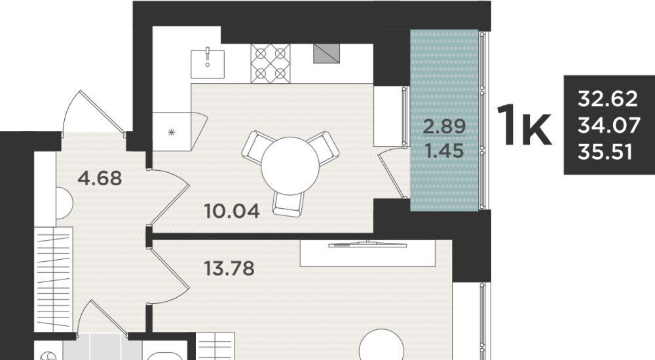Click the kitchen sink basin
point(208,64)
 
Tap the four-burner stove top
point(271,63)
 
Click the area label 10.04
point(233,211)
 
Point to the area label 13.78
point(229,268)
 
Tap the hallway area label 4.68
point(100,178)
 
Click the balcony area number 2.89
point(445,126)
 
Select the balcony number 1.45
point(445,151)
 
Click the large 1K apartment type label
point(525,124)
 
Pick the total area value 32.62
point(608,99)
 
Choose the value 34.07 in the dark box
point(608,125)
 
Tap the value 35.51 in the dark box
point(605,152)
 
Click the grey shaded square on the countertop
point(326,54)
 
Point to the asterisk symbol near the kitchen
point(171,133)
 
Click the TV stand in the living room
point(368,253)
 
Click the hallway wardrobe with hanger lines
point(54,279)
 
